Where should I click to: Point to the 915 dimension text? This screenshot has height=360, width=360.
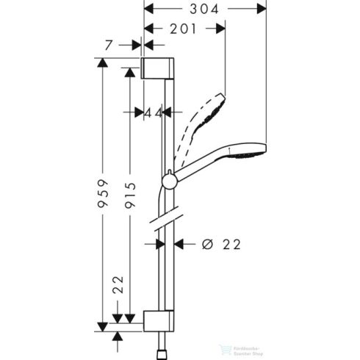pos(130,195)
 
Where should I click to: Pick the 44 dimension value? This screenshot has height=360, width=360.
pos(153,112)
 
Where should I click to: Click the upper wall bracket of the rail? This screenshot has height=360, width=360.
pos(158,67)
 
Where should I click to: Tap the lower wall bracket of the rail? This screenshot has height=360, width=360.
pos(158,320)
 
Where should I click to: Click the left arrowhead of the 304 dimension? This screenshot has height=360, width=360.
pos(146,10)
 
